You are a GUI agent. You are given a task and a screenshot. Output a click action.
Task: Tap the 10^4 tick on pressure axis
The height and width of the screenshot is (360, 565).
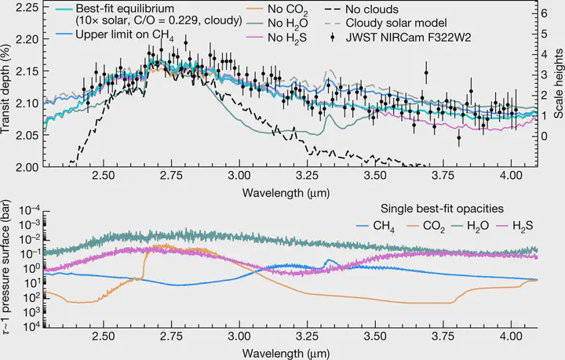(30, 326)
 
